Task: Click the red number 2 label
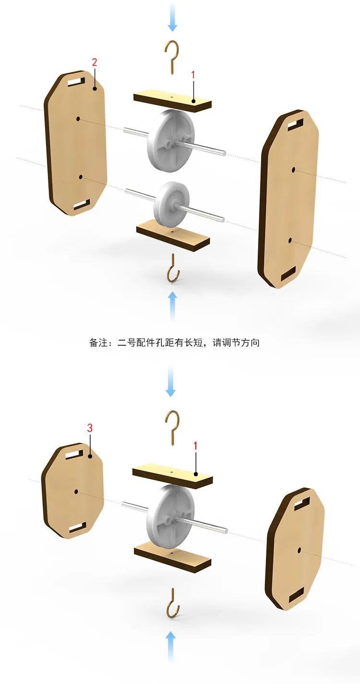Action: coord(95,62)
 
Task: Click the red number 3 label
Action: coord(90,428)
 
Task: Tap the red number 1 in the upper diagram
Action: coord(193,74)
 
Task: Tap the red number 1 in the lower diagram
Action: coord(195,446)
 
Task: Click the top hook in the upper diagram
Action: coord(171,57)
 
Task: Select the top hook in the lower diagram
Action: coord(172,427)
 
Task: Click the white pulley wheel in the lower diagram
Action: coord(170,517)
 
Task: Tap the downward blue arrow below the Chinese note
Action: coord(170,381)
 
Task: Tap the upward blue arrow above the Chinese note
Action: coord(173,306)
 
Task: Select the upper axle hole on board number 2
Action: coord(78,118)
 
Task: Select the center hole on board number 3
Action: coord(76,491)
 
